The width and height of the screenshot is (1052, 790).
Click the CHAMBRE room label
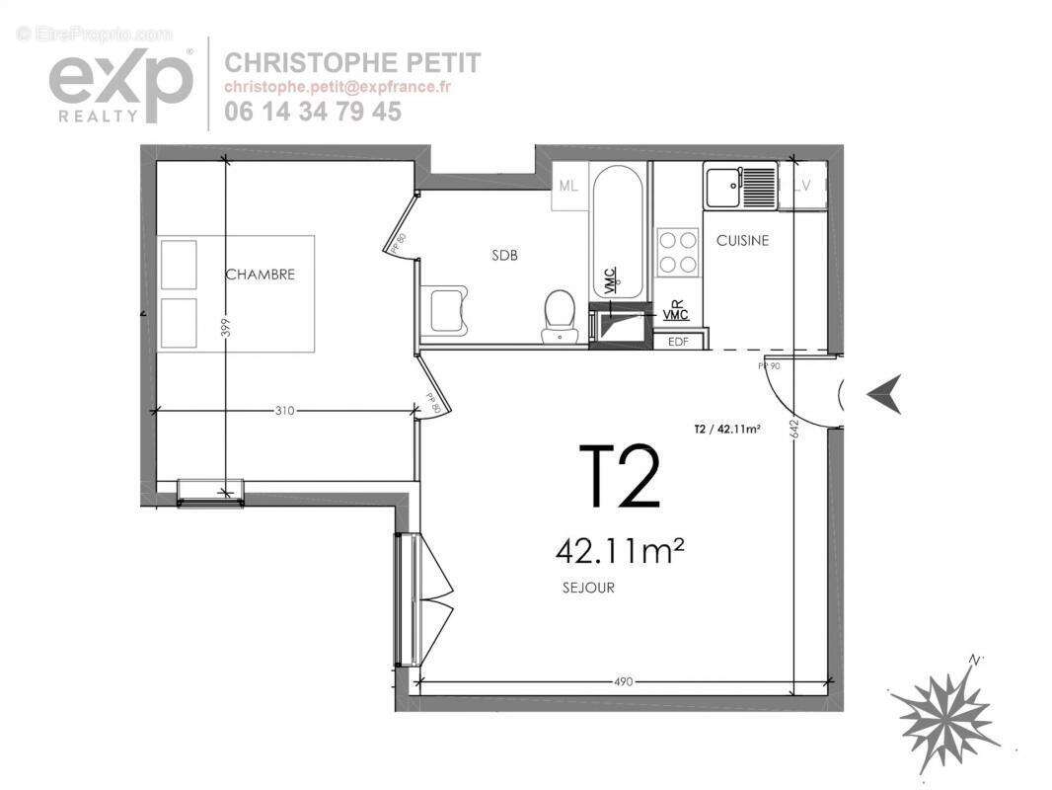tap(260, 275)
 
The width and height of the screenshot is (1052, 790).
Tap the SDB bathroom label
tap(505, 255)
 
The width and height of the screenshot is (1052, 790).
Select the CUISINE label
tap(742, 241)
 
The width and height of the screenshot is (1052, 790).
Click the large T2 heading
tap(618, 476)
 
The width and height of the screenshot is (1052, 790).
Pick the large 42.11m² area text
tap(620, 549)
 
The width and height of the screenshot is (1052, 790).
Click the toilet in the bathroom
tap(560, 315)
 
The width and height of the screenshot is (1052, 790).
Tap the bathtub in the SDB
tap(619, 231)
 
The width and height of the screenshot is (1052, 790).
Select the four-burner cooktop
tap(677, 251)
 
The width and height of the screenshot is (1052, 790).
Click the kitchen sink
tap(739, 187)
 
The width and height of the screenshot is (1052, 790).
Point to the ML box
tap(567, 187)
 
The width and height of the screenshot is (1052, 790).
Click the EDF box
tap(679, 342)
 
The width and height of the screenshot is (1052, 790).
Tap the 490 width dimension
tap(622, 681)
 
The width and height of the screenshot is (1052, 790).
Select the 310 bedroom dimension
tap(286, 411)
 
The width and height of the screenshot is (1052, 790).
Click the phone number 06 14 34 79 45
tap(313, 112)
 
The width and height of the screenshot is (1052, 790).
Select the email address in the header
tap(338, 87)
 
